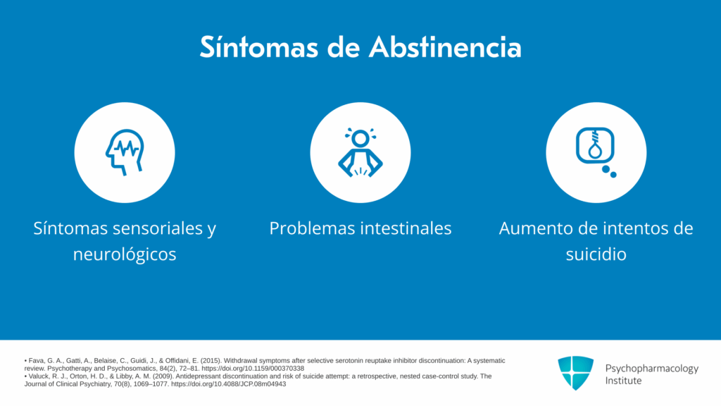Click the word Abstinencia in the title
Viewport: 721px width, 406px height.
(445, 47)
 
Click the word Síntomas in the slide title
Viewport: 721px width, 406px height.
(259, 47)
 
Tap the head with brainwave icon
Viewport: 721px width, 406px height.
(125, 152)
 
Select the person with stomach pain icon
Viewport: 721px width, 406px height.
(360, 152)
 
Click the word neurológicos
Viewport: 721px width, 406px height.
(125, 254)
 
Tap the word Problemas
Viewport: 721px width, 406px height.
(311, 228)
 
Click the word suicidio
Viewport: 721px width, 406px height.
(596, 254)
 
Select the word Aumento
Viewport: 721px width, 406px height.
(529, 228)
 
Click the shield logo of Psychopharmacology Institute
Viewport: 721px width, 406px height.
(576, 373)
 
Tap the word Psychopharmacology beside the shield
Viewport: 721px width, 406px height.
(651, 369)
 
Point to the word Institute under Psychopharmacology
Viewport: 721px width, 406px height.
(623, 381)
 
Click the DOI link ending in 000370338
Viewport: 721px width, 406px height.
(253, 368)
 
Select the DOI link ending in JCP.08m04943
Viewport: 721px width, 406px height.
(229, 384)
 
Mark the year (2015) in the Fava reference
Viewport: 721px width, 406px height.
(211, 361)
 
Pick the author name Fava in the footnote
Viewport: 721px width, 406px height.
(37, 361)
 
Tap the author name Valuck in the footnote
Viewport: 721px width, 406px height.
(39, 376)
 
